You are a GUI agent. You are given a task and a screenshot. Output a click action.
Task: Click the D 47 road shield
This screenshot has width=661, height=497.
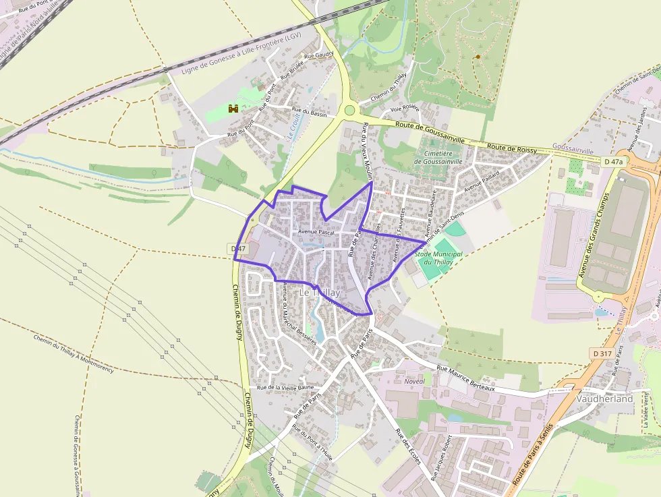click(x=237, y=249)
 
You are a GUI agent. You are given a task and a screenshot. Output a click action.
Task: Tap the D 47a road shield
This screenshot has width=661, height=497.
click(x=614, y=162)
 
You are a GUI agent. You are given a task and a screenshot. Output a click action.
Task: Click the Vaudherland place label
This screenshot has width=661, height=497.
click(x=604, y=399)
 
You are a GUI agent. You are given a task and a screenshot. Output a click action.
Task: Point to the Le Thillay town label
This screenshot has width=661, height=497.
click(x=320, y=293)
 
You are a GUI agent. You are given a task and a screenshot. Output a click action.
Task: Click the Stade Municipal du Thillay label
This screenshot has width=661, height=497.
click(x=438, y=258)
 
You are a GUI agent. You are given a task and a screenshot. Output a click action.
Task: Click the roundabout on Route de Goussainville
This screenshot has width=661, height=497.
click(x=349, y=110)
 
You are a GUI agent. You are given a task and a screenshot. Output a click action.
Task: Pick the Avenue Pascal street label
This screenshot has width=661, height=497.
click(x=316, y=232)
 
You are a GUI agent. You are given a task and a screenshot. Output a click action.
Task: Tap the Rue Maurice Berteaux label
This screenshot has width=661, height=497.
click(x=466, y=378)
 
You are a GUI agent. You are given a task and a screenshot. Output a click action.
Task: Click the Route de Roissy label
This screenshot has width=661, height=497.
click(x=511, y=148)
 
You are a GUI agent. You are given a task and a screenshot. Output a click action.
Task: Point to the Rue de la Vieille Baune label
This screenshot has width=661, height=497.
click(x=286, y=388)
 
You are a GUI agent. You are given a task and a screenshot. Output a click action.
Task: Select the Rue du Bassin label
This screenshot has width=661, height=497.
click(x=309, y=113)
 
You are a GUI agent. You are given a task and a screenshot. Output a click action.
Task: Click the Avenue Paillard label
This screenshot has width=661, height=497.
click(x=481, y=178)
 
